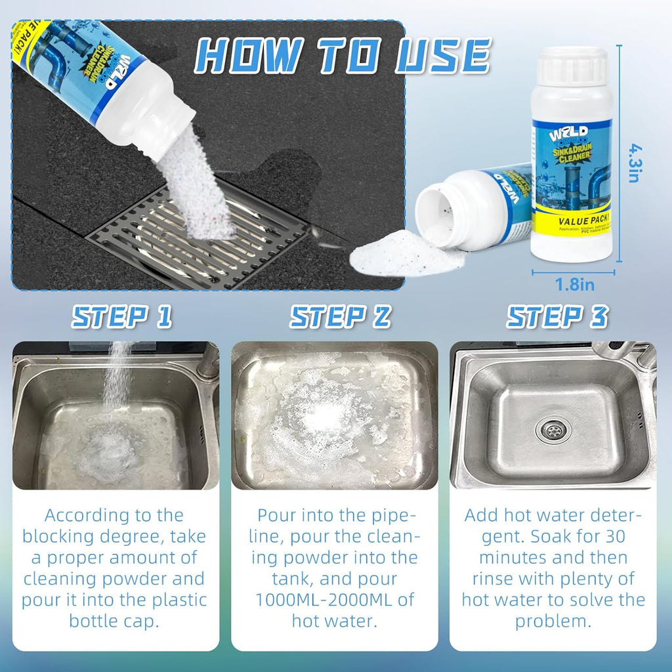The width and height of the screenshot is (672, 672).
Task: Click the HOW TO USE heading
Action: coord(344,56)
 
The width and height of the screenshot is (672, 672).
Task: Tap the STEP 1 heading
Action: coord(122,317)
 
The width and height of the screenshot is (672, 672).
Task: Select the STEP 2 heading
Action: coord(340,317)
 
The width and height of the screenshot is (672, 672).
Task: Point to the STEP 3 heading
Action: coord(556,317)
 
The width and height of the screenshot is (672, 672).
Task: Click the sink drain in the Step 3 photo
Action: coord(553,430)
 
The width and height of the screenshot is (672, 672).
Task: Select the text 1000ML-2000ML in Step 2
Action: coord(335,600)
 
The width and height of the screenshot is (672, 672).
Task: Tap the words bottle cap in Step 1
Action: coord(114,621)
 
